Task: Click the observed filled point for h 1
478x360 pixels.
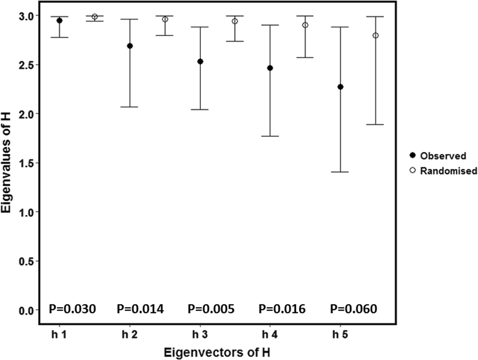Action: coord(59,21)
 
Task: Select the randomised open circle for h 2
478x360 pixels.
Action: coord(165,19)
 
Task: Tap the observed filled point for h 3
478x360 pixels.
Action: coord(200,61)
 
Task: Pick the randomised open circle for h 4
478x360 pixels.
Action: coord(305,25)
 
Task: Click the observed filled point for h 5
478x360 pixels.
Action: coord(341,87)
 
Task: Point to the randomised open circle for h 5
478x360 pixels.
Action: coord(376,36)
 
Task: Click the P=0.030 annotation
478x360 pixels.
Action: coord(71,309)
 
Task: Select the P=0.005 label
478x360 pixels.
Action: coord(211,309)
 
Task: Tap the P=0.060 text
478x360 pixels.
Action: coord(353,309)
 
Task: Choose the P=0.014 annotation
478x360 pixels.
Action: coord(140,309)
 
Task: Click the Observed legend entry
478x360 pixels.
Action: coord(436,156)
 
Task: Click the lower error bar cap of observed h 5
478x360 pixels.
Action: coord(341,172)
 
